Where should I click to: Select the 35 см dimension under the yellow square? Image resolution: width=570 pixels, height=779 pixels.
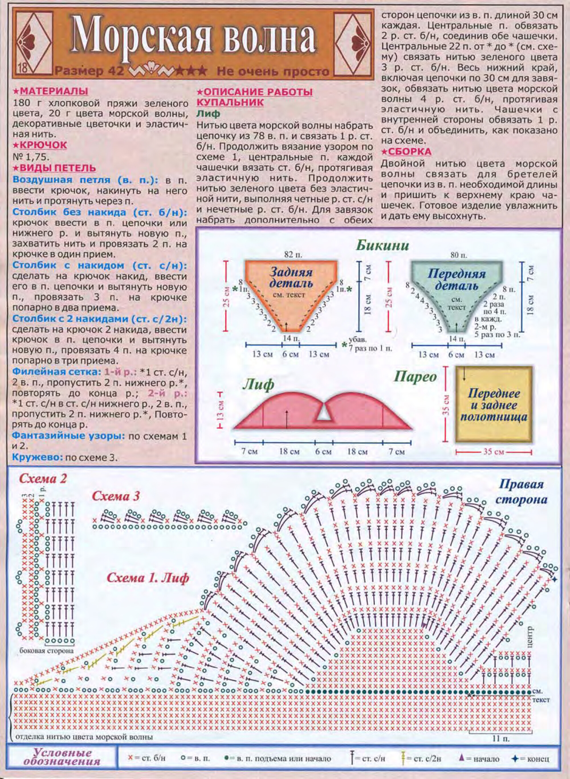(494, 452)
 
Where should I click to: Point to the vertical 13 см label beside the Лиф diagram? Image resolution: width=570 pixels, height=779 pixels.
(221, 410)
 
